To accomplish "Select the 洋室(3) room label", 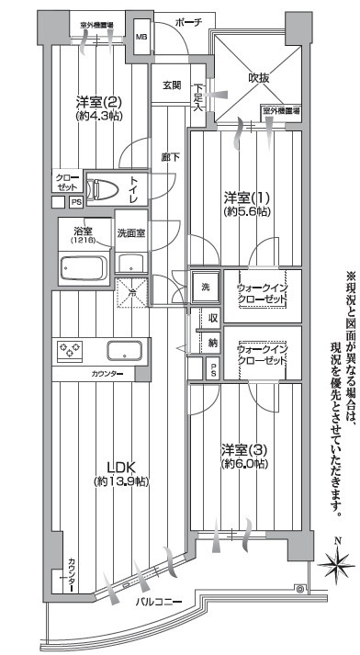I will coord(244,449).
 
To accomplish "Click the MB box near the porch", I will coord(141,37).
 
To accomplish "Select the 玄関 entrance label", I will coord(172,85).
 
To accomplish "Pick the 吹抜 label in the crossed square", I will coord(260,78).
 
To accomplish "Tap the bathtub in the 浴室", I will coord(83,268).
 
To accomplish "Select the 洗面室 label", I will coord(131,232).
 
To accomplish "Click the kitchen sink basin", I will coord(123,349).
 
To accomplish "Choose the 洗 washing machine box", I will coord(206,286).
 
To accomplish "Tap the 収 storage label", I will coord(211,319).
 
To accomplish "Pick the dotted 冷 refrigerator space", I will coord(131,292).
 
